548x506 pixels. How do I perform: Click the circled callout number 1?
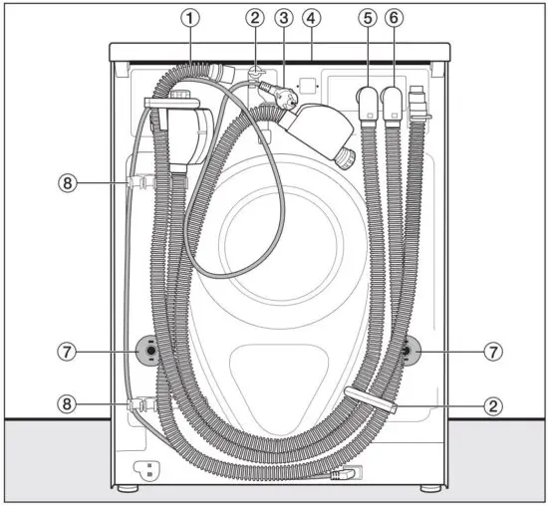click(190, 17)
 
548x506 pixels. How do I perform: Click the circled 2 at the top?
click(255, 17)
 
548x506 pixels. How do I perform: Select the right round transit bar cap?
click(408, 352)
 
